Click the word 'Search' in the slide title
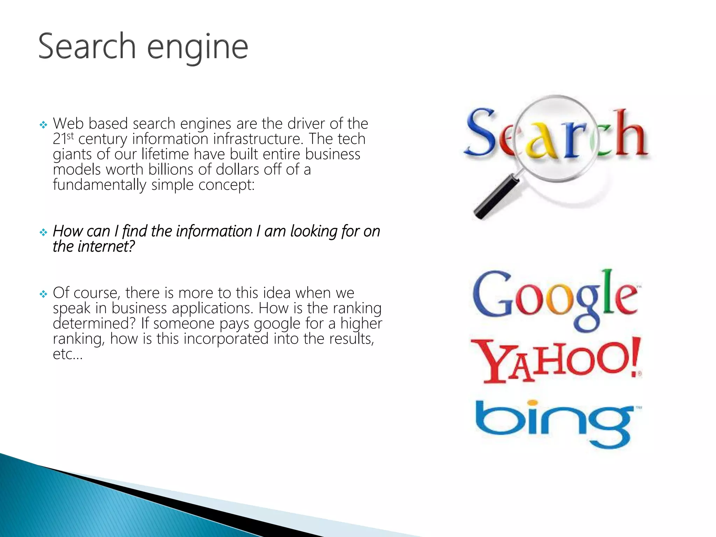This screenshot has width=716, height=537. (87, 46)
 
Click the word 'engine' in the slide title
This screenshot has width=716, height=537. (198, 48)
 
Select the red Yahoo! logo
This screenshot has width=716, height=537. (556, 360)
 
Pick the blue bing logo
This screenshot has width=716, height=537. (556, 423)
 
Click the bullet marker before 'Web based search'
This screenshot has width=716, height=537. (43, 125)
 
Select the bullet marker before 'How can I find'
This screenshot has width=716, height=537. (43, 232)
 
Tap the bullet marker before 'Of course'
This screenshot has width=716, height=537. (43, 294)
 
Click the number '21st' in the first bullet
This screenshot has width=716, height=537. (63, 138)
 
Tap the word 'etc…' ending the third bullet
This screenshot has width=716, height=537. (67, 354)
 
